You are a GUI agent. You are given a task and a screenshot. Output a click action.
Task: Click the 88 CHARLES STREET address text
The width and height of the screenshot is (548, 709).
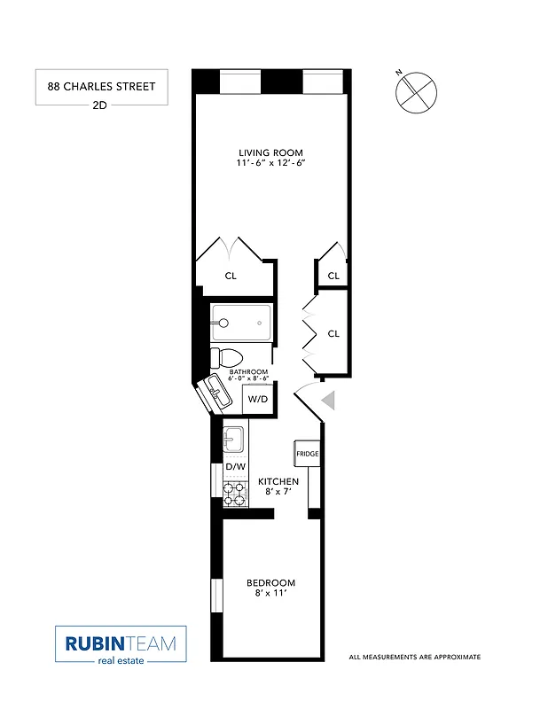coord(100,86)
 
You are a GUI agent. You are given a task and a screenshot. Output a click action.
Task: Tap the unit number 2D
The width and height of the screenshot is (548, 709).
coord(100,105)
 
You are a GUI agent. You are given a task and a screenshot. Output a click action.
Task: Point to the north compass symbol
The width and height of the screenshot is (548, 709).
coord(417,91)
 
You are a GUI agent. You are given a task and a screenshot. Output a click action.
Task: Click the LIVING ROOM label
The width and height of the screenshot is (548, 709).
coord(271,152)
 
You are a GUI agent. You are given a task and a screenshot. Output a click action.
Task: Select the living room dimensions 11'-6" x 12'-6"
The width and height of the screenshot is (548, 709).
coord(271,164)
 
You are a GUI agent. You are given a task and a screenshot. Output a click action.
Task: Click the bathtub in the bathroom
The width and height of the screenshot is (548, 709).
coord(241,323)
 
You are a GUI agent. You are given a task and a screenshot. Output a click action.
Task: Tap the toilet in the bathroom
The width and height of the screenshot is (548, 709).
coord(223,359)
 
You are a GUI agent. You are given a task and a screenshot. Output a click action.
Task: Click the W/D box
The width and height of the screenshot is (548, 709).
coord(257,400)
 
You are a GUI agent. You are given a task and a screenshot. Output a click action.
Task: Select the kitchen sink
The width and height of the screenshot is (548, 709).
coord(233,438)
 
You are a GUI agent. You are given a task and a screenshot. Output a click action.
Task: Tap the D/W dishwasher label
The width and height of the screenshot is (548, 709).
coord(235,466)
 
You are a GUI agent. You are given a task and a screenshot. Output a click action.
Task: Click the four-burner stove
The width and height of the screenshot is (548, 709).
coord(234,494)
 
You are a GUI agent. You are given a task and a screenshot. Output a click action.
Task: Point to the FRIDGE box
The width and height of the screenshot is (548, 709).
coord(307,454)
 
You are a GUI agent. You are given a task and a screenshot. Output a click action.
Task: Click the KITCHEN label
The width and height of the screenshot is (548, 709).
coord(278,481)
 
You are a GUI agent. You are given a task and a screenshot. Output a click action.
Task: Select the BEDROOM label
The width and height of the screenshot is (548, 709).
coord(270,582)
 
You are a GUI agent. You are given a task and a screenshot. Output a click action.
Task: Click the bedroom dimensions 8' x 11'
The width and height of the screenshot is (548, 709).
coord(270,595)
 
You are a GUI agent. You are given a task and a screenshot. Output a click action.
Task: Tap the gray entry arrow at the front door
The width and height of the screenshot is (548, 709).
coord(328,401)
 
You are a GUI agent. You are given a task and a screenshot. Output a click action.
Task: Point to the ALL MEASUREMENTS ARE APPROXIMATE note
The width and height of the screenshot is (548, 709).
coord(414,658)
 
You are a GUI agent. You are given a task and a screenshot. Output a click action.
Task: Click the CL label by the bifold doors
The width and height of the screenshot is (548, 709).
coord(333,333)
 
